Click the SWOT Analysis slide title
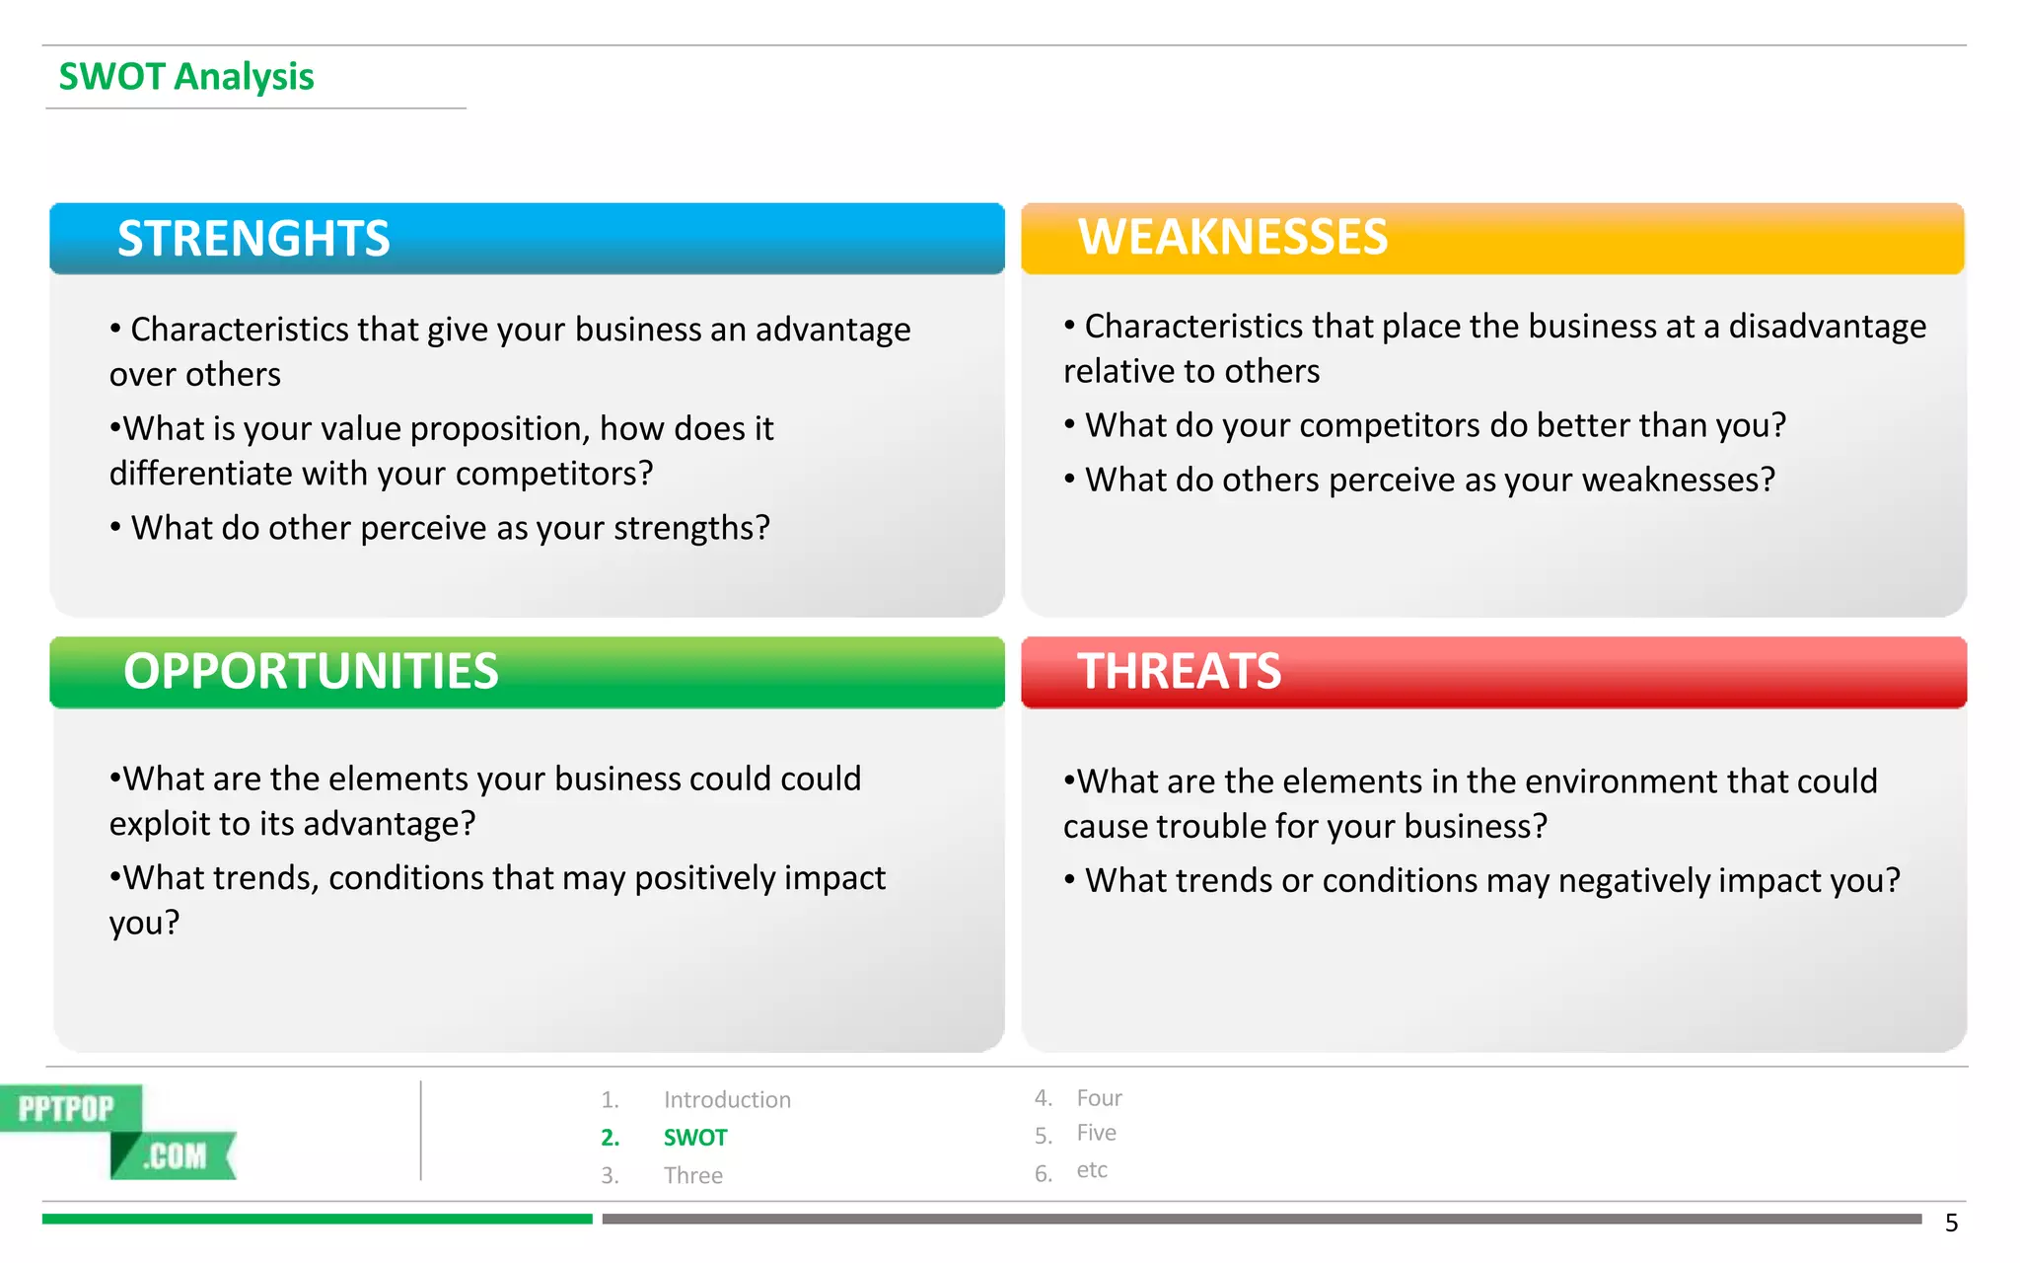(x=186, y=77)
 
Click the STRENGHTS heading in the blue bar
(x=253, y=239)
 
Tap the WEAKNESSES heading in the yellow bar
(x=1233, y=238)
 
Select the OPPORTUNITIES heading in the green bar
(x=311, y=672)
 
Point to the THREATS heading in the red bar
(x=1179, y=672)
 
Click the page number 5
(x=1951, y=1224)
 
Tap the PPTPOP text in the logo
(x=66, y=1109)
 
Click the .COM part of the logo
(x=177, y=1155)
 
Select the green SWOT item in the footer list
(x=695, y=1138)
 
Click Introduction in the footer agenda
(x=727, y=1100)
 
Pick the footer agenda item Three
(x=693, y=1176)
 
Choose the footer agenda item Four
(x=1099, y=1098)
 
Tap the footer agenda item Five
(x=1096, y=1133)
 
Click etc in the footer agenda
(x=1092, y=1170)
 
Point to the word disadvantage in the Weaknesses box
(x=1827, y=327)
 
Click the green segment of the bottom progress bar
(x=317, y=1220)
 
